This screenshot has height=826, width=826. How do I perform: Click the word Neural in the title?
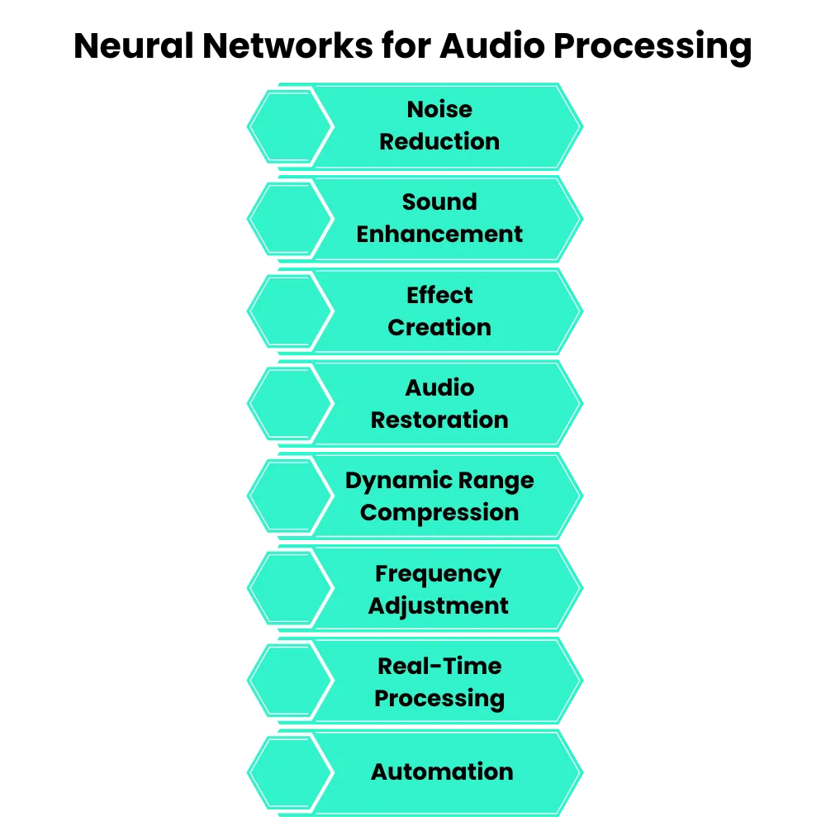pyautogui.click(x=134, y=45)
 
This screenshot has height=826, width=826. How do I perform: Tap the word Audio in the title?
pyautogui.click(x=492, y=45)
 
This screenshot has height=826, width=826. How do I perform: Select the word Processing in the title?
pyautogui.click(x=653, y=48)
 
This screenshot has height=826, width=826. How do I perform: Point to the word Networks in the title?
pyautogui.click(x=287, y=45)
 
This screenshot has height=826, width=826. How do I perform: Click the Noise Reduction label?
pyautogui.click(x=439, y=126)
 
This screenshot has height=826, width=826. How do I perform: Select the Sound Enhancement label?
pyautogui.click(x=439, y=218)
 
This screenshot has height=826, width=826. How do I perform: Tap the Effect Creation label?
pyautogui.click(x=439, y=311)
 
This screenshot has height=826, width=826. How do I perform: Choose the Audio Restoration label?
pyautogui.click(x=439, y=404)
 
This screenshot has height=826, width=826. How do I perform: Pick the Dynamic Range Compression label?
pyautogui.click(x=439, y=496)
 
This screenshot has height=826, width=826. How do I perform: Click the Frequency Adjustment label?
pyautogui.click(x=439, y=590)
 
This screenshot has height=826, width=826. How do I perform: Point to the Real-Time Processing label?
pyautogui.click(x=439, y=682)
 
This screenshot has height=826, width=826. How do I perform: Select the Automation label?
pyautogui.click(x=442, y=771)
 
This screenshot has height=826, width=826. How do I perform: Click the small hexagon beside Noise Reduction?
pyautogui.click(x=291, y=126)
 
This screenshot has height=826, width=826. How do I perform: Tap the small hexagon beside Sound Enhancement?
pyautogui.click(x=291, y=219)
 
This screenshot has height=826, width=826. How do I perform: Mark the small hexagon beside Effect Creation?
pyautogui.click(x=291, y=311)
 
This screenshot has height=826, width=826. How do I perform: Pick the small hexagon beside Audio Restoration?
pyautogui.click(x=291, y=404)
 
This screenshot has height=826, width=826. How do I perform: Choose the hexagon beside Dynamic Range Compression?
pyautogui.click(x=291, y=496)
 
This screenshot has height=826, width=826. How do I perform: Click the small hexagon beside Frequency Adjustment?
pyautogui.click(x=291, y=588)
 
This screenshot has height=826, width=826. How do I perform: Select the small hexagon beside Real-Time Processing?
pyautogui.click(x=291, y=681)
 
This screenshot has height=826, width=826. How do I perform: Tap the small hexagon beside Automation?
pyautogui.click(x=291, y=773)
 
